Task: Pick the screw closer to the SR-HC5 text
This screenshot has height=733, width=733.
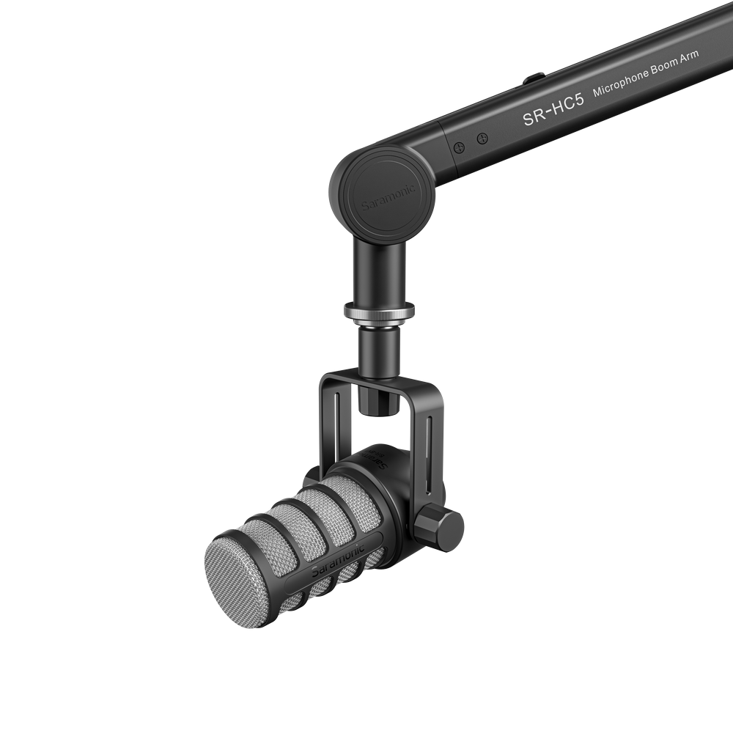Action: [x=482, y=138]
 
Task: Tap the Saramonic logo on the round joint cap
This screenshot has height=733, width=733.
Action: [x=387, y=198]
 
